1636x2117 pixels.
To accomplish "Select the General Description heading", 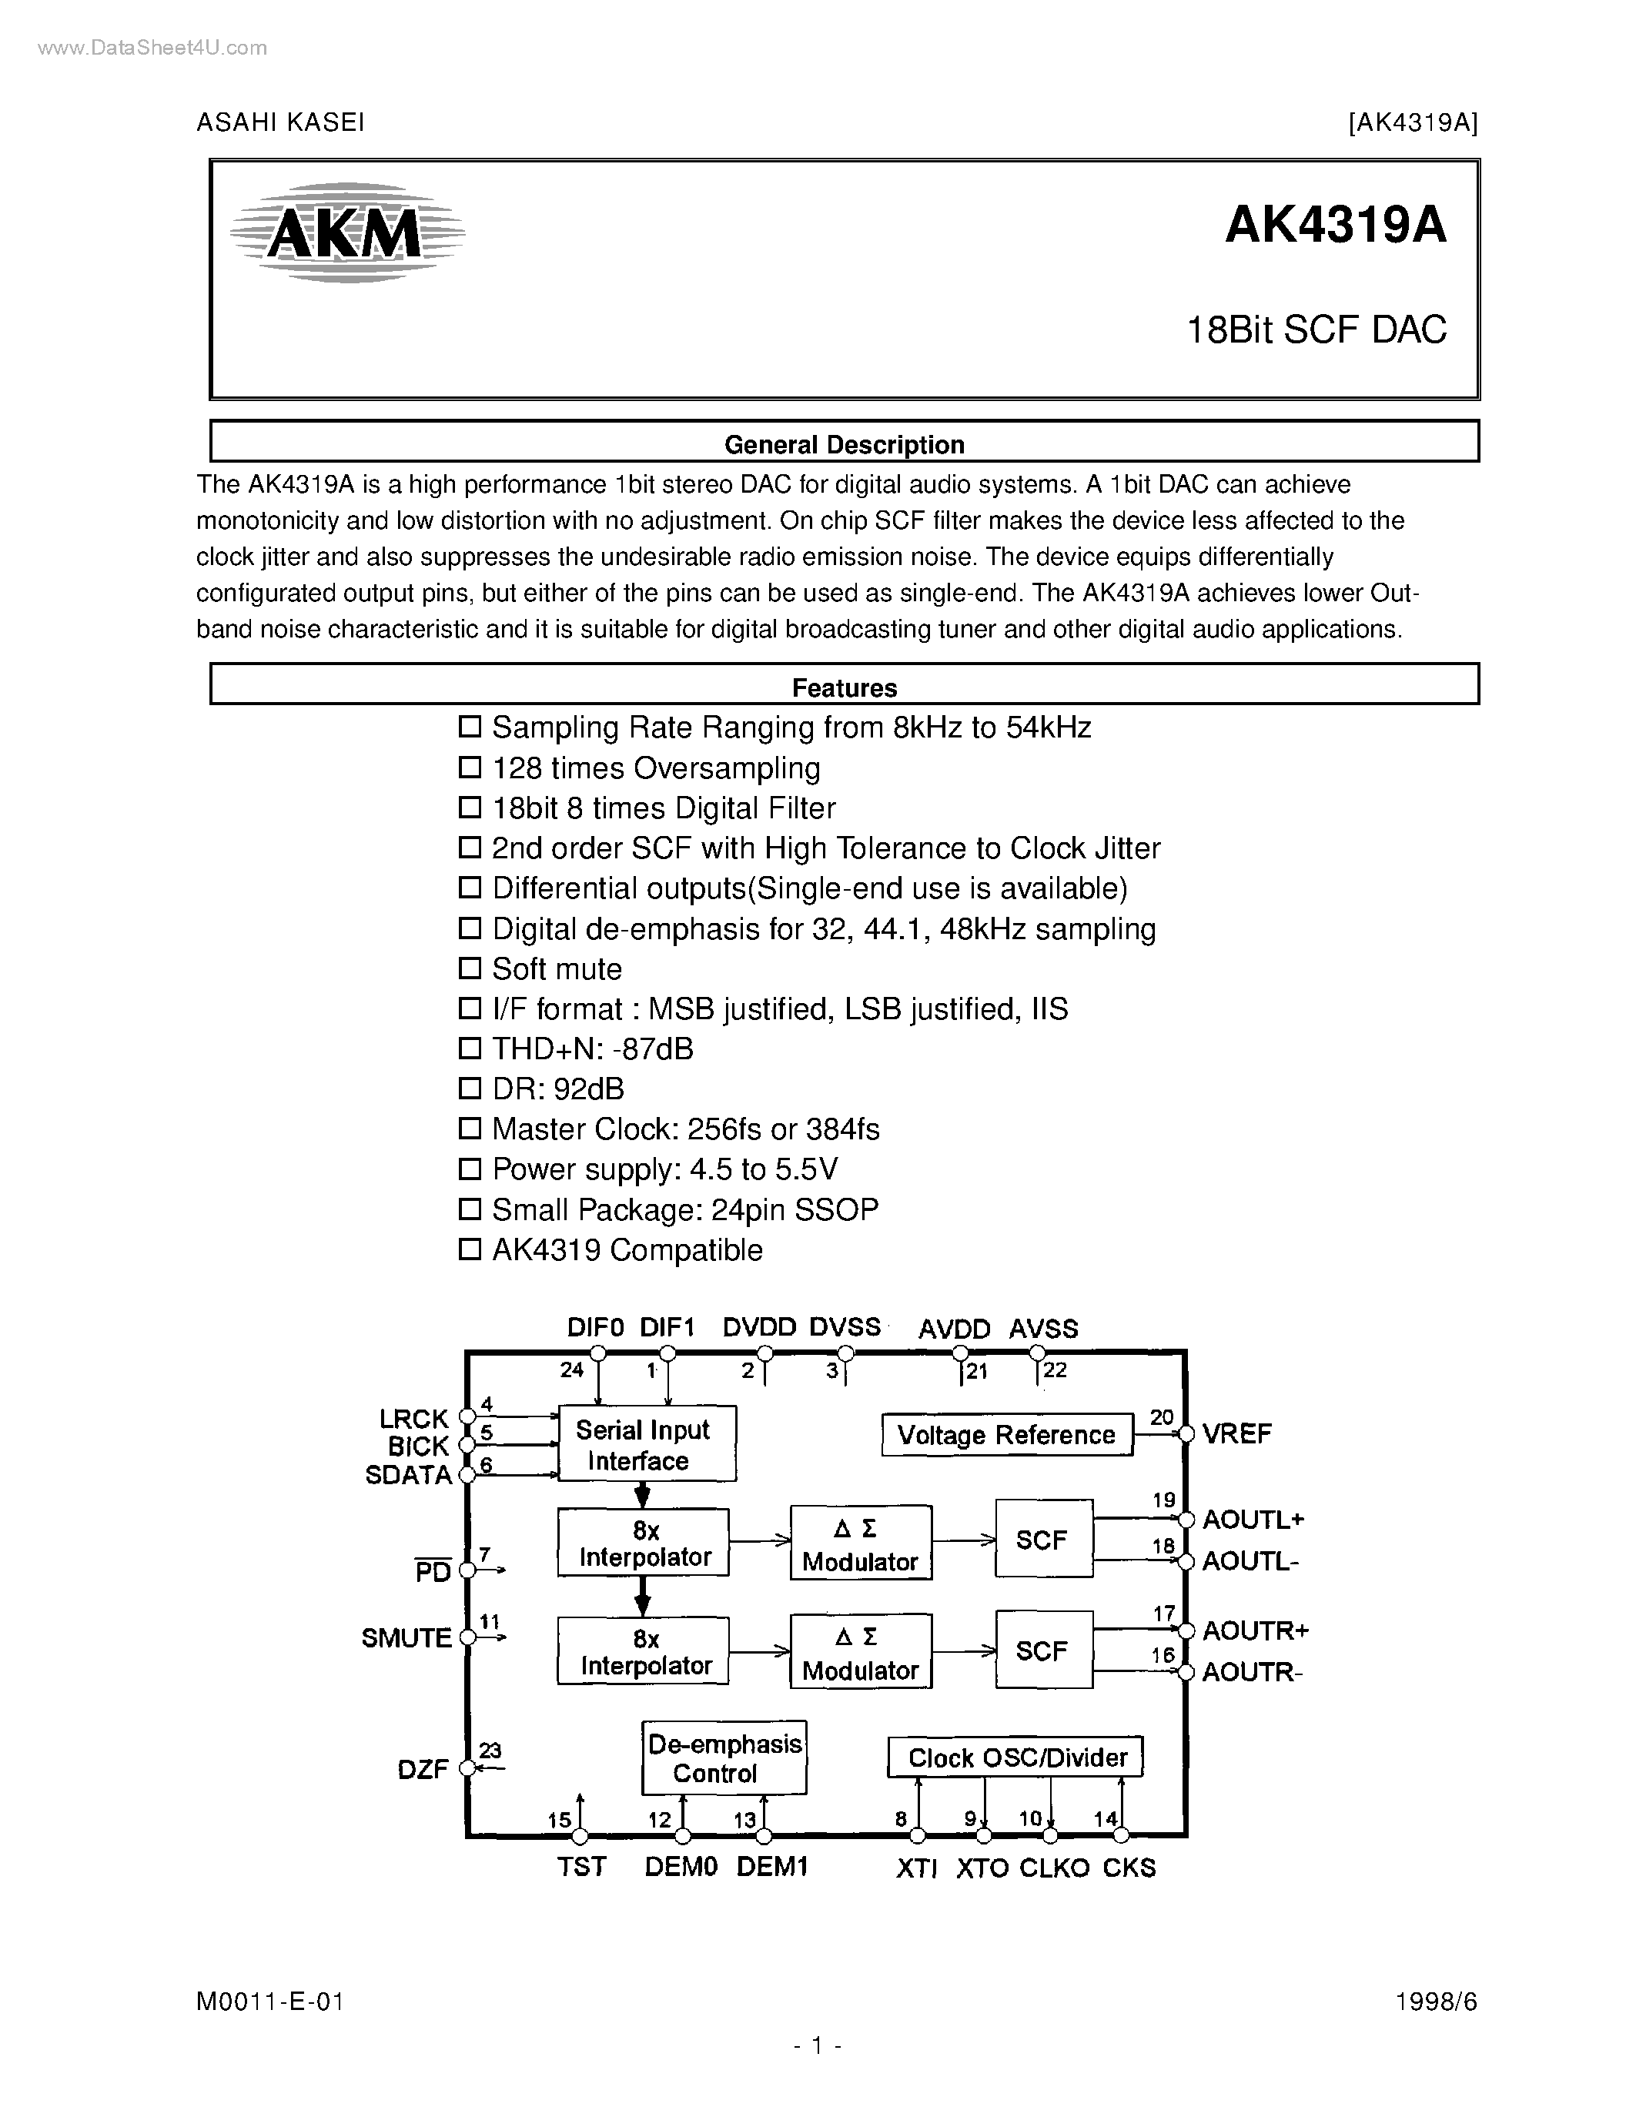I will click(x=844, y=444).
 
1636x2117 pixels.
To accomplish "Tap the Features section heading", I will click(x=844, y=687).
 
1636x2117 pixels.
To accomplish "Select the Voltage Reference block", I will click(x=1006, y=1435).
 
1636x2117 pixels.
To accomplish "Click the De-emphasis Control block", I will click(x=724, y=1758).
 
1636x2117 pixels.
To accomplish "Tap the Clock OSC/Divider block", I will click(x=1015, y=1757).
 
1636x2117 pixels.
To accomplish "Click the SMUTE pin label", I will click(x=406, y=1638).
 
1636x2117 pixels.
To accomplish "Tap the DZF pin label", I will click(x=423, y=1769).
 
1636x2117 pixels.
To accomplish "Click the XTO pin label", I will click(x=982, y=1868).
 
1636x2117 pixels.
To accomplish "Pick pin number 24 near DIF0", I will click(x=572, y=1370).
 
